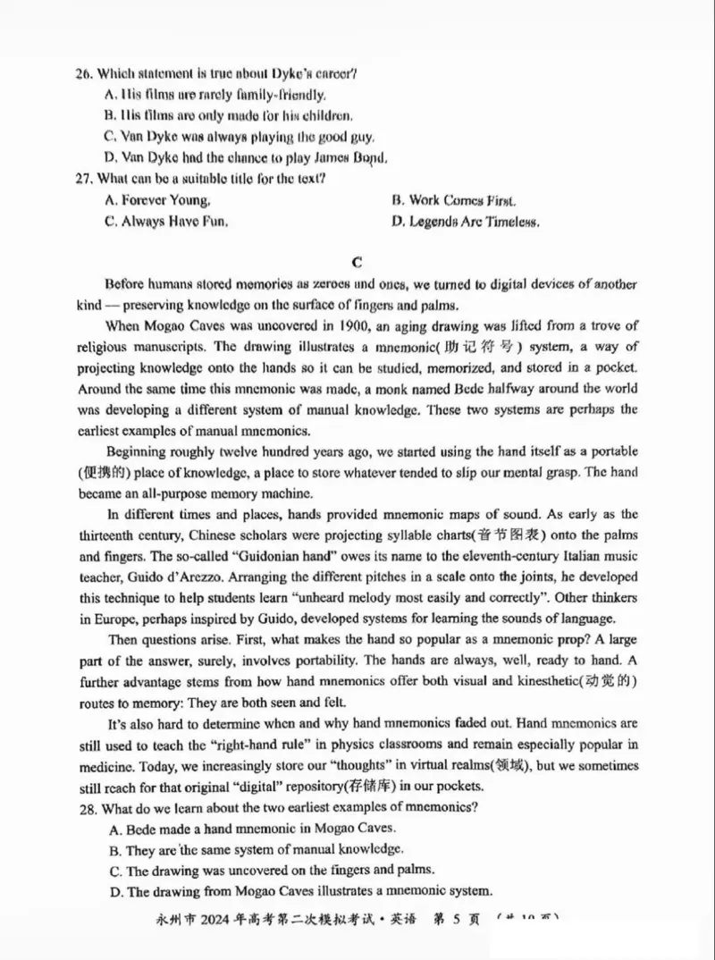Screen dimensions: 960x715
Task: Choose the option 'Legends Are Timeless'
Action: pos(465,222)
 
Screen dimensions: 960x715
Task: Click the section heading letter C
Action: pos(357,262)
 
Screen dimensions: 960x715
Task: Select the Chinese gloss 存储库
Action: pos(374,787)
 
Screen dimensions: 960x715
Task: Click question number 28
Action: pos(85,808)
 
